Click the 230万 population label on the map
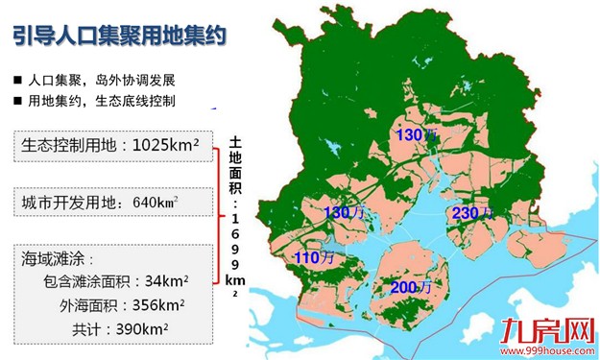[471, 213]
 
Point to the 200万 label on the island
[409, 287]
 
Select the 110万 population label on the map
[314, 257]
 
